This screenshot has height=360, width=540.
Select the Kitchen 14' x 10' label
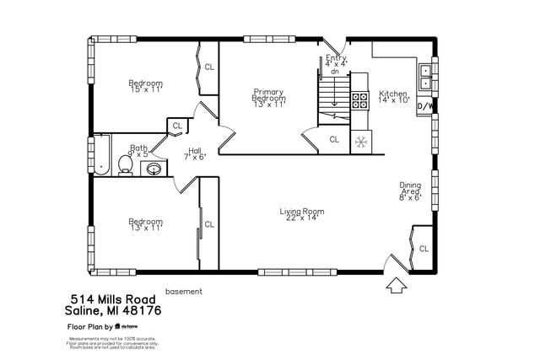393,96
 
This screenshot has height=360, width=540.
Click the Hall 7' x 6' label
195,153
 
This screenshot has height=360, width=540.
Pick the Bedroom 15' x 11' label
145,86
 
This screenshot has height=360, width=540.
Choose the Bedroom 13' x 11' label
145,224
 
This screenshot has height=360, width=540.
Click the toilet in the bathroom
125,164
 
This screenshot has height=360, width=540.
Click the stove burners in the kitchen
359,101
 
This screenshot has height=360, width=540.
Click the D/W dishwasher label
427,106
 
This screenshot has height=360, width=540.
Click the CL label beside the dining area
424,249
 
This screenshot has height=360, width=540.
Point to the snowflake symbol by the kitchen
360,141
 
